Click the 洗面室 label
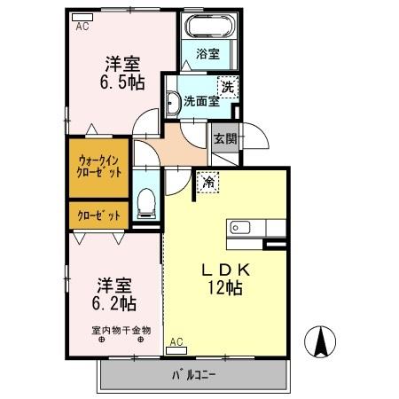pyautogui.click(x=202, y=100)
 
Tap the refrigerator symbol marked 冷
pyautogui.click(x=208, y=182)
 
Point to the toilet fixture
pyautogui.click(x=147, y=206)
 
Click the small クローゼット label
pyautogui.click(x=98, y=215)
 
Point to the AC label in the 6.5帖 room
pyautogui.click(x=82, y=27)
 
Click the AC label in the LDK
pyautogui.click(x=176, y=341)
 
